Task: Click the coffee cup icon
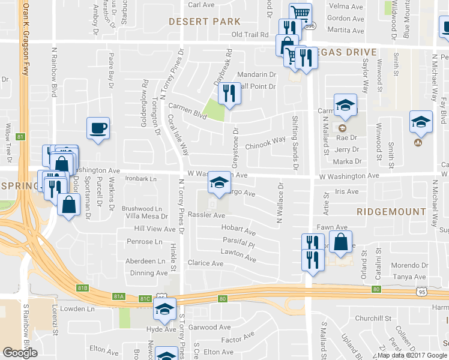point(98,128)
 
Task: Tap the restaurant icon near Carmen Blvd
point(229,93)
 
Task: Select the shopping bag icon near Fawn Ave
point(341,242)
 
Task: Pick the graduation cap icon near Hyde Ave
point(163,309)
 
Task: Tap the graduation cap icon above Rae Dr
point(345,104)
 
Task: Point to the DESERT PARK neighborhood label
point(205,21)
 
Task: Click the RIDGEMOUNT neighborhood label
point(391,212)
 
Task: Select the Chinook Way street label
point(265,142)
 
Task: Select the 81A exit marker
point(119,296)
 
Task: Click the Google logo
point(20,353)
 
